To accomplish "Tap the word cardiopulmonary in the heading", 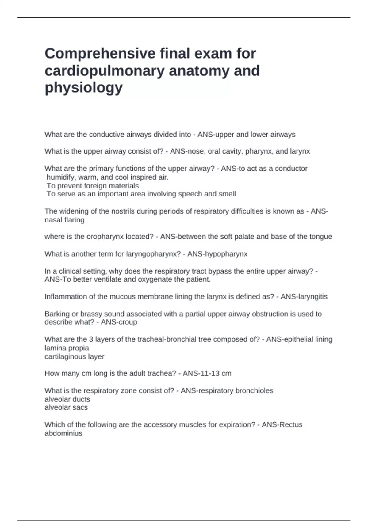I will coord(104,71).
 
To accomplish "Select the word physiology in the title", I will coord(83,88).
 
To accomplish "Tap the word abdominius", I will coord(63,434).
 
